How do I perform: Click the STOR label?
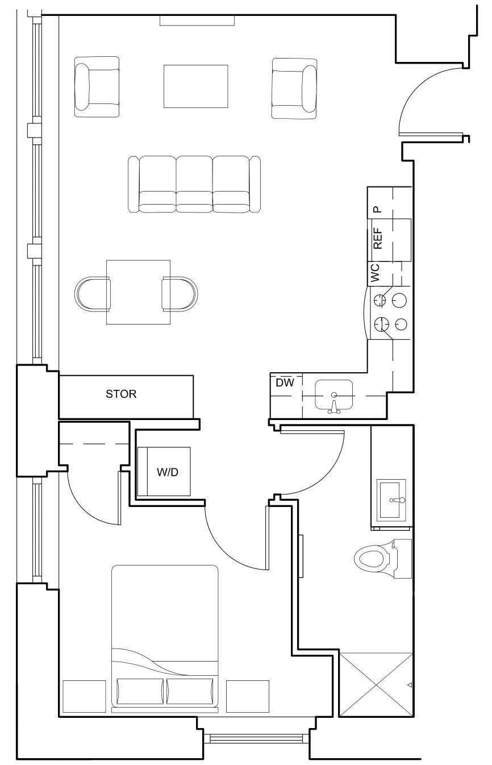pyautogui.click(x=121, y=394)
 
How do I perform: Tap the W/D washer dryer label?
pyautogui.click(x=168, y=472)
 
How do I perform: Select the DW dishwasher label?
pyautogui.click(x=285, y=383)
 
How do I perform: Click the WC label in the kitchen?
pyautogui.click(x=376, y=273)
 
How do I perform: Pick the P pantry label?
pyautogui.click(x=378, y=209)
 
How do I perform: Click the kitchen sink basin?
pyautogui.click(x=334, y=394)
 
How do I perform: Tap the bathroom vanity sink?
pyautogui.click(x=392, y=500)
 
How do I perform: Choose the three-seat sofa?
pyautogui.click(x=194, y=185)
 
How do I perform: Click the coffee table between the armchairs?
pyautogui.click(x=196, y=86)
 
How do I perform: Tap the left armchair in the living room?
pyautogui.click(x=97, y=87)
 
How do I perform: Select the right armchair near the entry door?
pyautogui.click(x=294, y=88)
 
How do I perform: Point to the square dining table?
pyautogui.click(x=139, y=292)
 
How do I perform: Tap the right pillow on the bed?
pyautogui.click(x=190, y=692)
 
